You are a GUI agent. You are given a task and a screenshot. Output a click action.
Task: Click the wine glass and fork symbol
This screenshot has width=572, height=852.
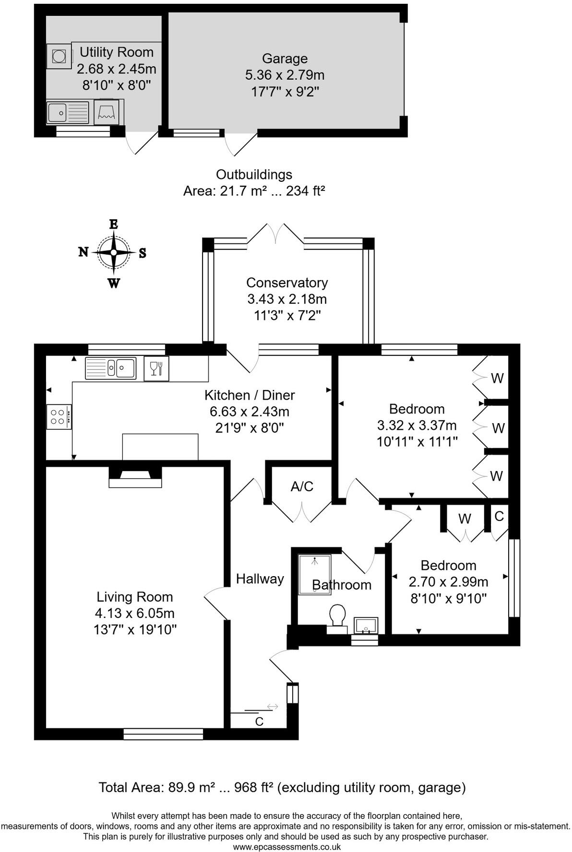point(156,368)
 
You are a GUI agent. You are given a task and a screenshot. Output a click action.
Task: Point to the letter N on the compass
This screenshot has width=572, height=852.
point(83,252)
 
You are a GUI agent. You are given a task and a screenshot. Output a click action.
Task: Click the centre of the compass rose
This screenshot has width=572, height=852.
point(114,252)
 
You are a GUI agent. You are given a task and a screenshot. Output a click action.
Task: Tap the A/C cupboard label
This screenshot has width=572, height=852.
point(302,486)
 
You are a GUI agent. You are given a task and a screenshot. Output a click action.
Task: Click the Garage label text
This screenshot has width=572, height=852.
point(285,59)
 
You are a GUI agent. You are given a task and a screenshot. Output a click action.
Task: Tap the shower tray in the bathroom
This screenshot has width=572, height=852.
point(314,574)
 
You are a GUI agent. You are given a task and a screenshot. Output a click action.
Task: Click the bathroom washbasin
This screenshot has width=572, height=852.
point(366,626)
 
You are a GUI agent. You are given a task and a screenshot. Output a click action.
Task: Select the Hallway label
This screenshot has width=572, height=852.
point(260,579)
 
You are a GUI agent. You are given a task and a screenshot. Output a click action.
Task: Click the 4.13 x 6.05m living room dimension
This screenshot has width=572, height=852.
point(135,613)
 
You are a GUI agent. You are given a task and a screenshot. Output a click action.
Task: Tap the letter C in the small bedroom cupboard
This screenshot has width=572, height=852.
point(499,516)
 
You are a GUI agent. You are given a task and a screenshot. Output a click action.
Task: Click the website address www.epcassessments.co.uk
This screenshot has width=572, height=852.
point(286,847)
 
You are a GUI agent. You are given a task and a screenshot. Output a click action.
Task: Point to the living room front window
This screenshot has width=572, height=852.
point(163,734)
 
